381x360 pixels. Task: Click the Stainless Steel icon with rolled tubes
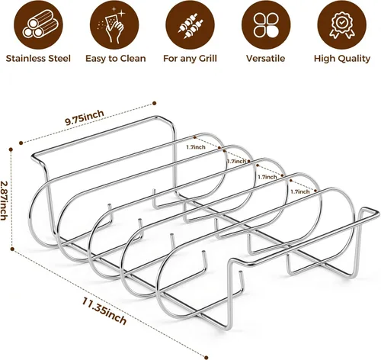(x=38, y=24)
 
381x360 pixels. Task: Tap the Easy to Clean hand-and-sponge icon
(x=114, y=24)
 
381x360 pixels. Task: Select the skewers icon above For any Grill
(x=190, y=24)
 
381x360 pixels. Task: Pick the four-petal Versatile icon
(x=266, y=24)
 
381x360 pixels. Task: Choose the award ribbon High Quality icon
(x=342, y=24)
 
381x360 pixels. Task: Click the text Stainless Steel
(x=38, y=59)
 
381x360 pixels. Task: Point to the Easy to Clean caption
(x=116, y=59)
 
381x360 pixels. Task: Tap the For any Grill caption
(x=190, y=59)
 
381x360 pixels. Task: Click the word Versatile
(x=265, y=59)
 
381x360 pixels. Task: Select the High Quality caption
(x=342, y=59)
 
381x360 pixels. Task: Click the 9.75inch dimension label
(x=85, y=117)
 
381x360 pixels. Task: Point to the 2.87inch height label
(x=4, y=201)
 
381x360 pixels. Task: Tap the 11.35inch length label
(x=104, y=311)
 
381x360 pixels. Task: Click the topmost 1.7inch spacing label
(x=196, y=147)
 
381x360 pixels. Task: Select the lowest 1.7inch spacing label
(x=300, y=191)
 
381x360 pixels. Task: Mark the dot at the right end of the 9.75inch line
(x=154, y=103)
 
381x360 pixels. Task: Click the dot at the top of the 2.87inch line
(x=11, y=149)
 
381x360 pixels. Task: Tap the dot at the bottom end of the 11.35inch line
(x=207, y=358)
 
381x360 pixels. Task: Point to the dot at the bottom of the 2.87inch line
(x=12, y=249)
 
